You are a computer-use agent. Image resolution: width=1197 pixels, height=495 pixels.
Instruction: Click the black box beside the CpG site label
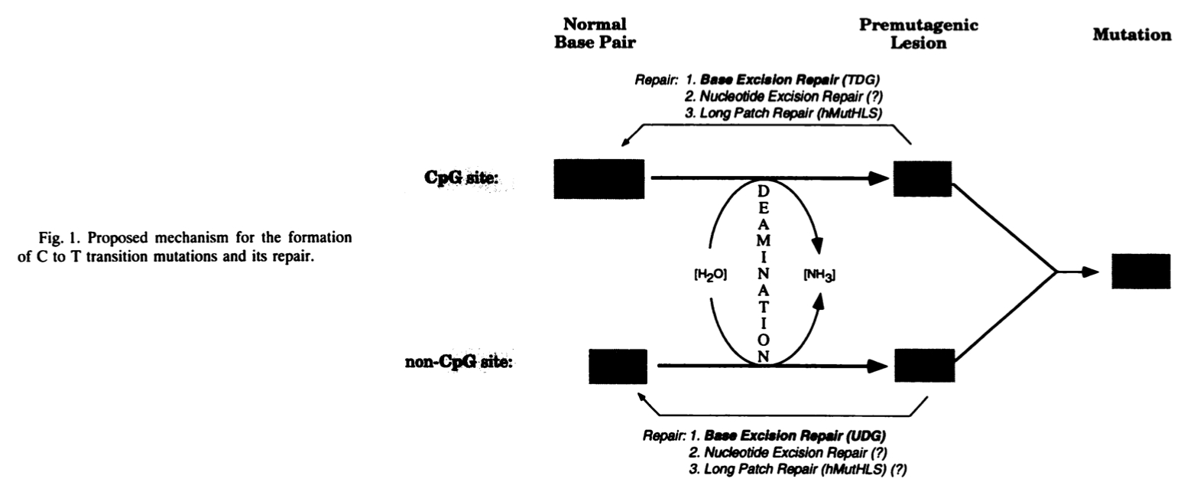pos(598,179)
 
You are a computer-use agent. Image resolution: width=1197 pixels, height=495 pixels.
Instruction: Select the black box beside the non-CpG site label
pos(618,366)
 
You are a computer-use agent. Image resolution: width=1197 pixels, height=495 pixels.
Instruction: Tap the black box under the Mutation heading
pos(1140,271)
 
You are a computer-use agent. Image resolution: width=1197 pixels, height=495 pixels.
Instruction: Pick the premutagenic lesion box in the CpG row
pos(923,179)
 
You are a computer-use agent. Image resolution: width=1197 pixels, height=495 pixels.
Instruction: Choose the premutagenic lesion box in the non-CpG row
pos(924,366)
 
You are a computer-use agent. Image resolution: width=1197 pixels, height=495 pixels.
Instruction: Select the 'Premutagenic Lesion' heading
pos(919,34)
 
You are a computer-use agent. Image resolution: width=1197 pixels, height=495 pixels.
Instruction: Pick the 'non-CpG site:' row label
pos(459,362)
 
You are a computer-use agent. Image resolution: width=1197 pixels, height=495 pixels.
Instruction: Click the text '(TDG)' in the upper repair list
pos(871,80)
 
